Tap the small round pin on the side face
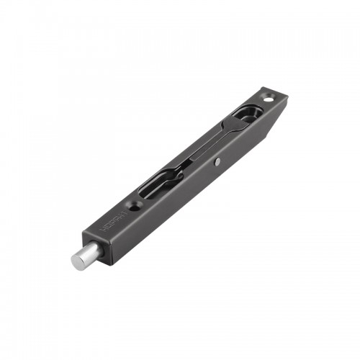[x=217, y=163]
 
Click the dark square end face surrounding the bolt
[x=101, y=248]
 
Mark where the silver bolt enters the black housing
[x=94, y=251]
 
